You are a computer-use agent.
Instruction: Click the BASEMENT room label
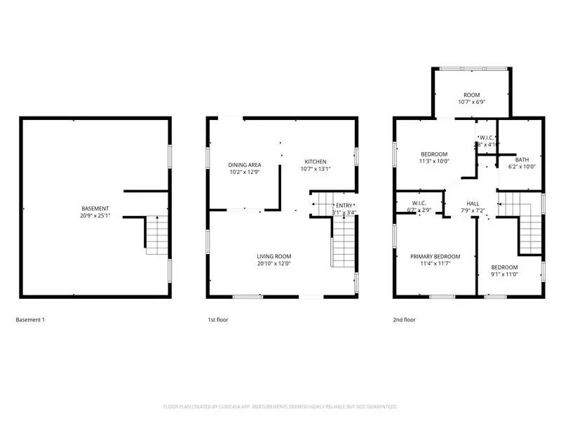point(95,208)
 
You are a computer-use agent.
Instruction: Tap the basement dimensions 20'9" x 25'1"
point(95,216)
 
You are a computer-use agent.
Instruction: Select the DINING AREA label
point(245,165)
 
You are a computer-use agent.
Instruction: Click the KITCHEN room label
point(314,161)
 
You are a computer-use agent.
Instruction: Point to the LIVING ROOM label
point(273,256)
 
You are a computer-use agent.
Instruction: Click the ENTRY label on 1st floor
point(344,205)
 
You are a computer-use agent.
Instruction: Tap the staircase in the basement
point(157,236)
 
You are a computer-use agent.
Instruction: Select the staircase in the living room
point(343,241)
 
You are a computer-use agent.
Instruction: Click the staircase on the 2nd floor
point(530,225)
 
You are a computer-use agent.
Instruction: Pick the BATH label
point(521,159)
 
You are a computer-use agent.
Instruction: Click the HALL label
point(473,203)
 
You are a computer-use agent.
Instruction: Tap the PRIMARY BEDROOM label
point(435,257)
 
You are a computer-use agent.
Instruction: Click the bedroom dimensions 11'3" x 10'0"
point(434,161)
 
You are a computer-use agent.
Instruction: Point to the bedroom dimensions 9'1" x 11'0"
point(504,275)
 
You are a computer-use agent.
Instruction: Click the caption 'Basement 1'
point(30,320)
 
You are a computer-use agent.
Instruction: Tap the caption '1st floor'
point(217,320)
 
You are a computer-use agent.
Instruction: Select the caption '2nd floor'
point(404,320)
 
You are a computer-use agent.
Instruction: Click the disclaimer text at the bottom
point(280,406)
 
